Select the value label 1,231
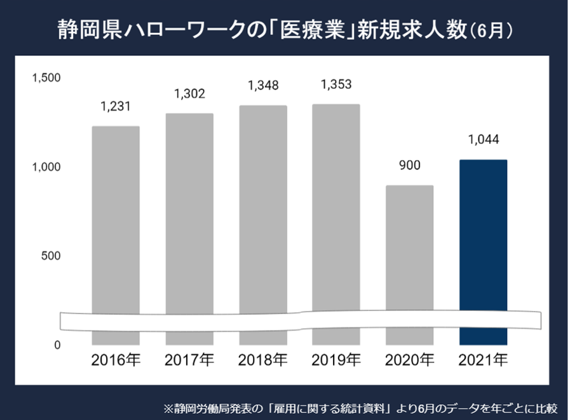tap(116, 107)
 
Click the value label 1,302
tap(189, 94)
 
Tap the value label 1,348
tap(262, 85)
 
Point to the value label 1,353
tap(336, 84)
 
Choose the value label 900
tap(409, 166)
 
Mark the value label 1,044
tap(483, 140)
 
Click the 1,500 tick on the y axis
tap(46, 78)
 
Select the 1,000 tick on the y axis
tap(46, 167)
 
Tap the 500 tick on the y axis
tap(51, 256)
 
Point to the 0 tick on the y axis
tap(57, 345)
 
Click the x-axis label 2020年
tap(409, 361)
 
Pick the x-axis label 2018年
tap(262, 361)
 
